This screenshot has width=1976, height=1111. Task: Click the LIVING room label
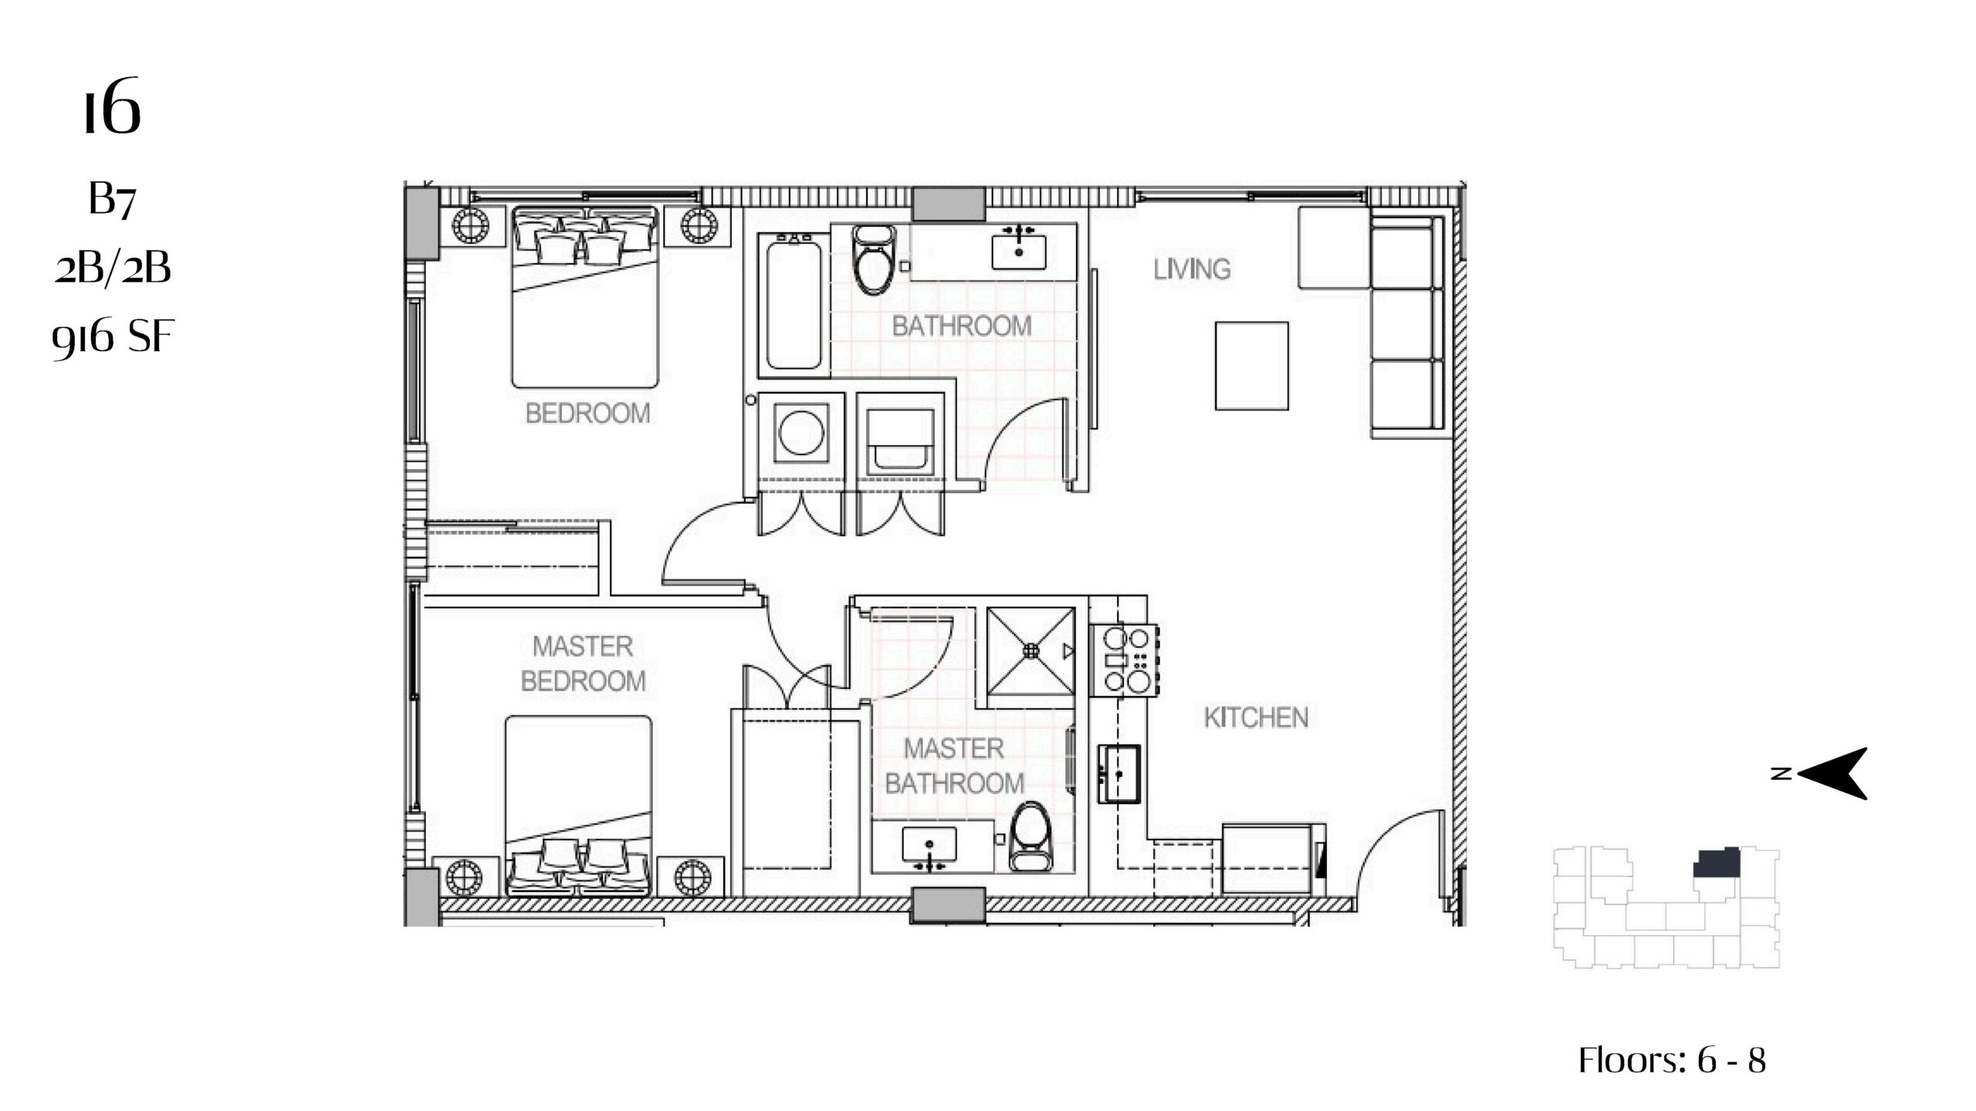click(x=1192, y=269)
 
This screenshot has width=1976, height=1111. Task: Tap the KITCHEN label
click(x=1256, y=718)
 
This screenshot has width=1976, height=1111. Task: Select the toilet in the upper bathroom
click(x=874, y=258)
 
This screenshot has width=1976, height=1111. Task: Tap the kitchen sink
click(x=1119, y=774)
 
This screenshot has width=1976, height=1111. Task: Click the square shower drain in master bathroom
click(x=1030, y=651)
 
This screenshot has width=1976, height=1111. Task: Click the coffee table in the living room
click(x=1251, y=366)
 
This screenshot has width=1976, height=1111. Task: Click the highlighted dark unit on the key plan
click(x=1717, y=863)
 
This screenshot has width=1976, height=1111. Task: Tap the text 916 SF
click(x=113, y=337)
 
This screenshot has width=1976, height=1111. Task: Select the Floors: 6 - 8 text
click(x=1672, y=1060)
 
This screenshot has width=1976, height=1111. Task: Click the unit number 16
click(x=113, y=106)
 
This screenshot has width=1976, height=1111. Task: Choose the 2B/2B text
click(x=113, y=268)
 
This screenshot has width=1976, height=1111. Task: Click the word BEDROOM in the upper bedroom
click(x=587, y=414)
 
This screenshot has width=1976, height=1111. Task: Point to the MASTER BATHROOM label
click(x=954, y=766)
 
